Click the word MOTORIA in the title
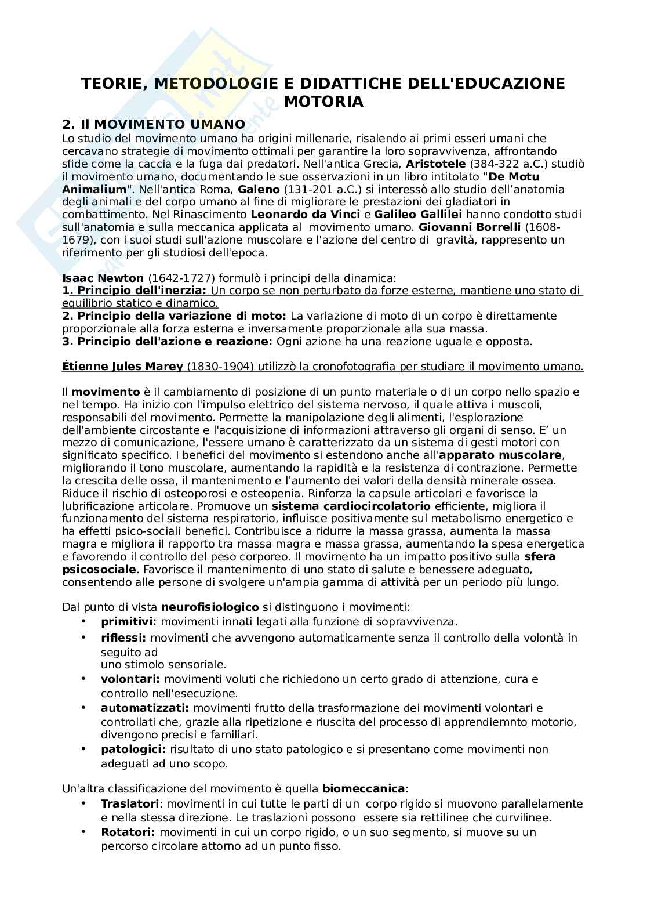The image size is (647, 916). [x=323, y=102]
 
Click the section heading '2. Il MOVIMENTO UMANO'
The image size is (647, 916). [x=154, y=124]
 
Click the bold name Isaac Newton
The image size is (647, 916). [x=103, y=278]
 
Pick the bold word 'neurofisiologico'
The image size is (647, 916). [x=210, y=607]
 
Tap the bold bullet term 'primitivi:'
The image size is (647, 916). [x=129, y=622]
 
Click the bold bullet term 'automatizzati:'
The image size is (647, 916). [x=145, y=708]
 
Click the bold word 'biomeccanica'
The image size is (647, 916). [x=364, y=789]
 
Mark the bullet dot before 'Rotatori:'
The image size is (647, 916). [x=84, y=831]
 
